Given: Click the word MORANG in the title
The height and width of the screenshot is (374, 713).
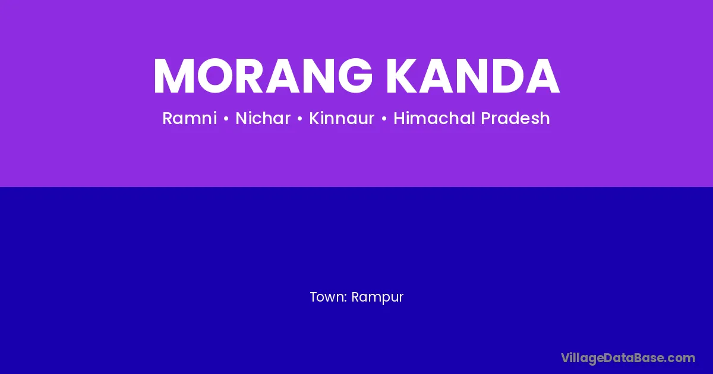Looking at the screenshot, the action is [263, 76].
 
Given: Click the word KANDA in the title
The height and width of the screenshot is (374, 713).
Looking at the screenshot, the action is [473, 76].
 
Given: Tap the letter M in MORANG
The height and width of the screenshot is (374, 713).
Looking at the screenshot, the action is [173, 76].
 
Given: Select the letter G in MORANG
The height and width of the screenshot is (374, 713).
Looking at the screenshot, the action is [355, 76].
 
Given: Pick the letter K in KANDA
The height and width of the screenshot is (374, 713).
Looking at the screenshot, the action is [402, 76].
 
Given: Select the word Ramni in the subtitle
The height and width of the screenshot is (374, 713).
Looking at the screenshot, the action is [190, 118].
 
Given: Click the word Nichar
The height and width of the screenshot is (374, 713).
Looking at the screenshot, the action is [263, 118].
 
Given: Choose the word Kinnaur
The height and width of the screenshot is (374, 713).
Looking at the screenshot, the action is [342, 118].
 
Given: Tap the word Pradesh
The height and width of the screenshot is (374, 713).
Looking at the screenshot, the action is [515, 118].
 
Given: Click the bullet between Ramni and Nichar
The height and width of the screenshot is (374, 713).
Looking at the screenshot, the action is [226, 119].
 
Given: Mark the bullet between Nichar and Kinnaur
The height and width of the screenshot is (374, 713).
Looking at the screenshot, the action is [299, 119].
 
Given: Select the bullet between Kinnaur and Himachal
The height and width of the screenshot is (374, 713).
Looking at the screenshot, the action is [384, 119].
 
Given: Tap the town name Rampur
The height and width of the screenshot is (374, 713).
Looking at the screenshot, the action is [377, 297].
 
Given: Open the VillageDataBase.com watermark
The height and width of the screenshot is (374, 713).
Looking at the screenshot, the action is [628, 359].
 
